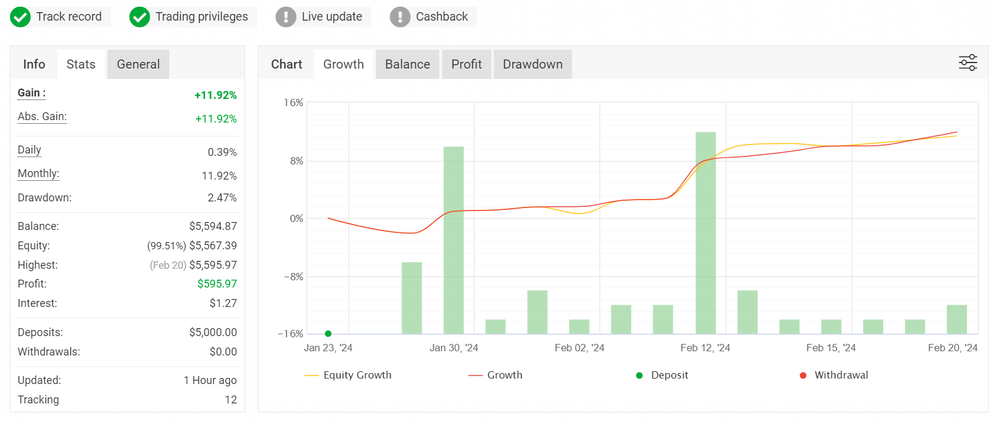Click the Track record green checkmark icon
[x=21, y=17]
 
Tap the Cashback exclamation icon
[x=400, y=17]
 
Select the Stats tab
[x=81, y=64]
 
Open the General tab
[x=138, y=64]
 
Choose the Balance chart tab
[x=408, y=64]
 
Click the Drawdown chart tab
[x=533, y=64]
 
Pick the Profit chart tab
[x=466, y=64]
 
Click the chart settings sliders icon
[x=968, y=63]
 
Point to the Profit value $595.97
[x=217, y=284]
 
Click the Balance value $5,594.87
[x=213, y=226]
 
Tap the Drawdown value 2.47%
[x=222, y=198]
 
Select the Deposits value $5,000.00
[x=213, y=332]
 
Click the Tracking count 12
[x=231, y=400]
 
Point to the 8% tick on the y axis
[x=297, y=161]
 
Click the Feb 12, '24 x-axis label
[x=705, y=348]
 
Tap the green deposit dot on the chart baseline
[x=328, y=334]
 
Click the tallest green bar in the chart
[x=705, y=233]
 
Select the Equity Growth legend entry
[x=348, y=376]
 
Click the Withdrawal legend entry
[x=834, y=376]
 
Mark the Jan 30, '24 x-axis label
[x=454, y=348]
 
